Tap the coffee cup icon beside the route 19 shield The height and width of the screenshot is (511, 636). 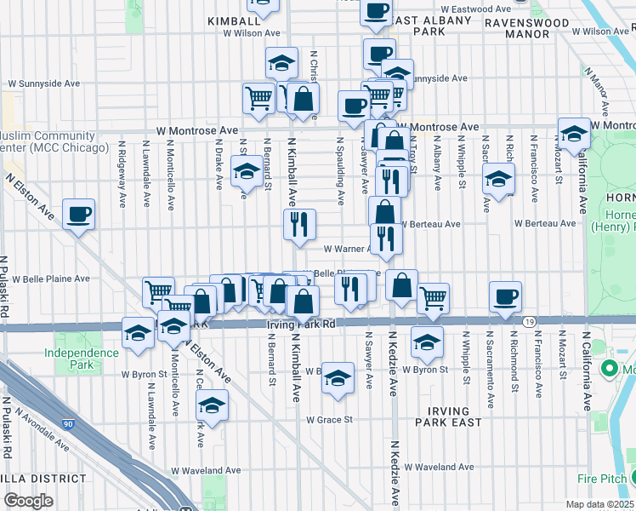click(505, 296)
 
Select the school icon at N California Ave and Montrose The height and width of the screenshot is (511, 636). click(574, 134)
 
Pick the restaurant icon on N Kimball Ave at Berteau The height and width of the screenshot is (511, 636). click(299, 225)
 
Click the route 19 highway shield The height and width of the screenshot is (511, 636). click(529, 322)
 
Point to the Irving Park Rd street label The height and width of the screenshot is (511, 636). click(300, 324)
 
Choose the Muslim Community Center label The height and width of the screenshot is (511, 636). click(54, 141)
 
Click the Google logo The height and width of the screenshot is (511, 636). click(28, 501)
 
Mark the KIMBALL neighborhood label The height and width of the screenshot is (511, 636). click(233, 20)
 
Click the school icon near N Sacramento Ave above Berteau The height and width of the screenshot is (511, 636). click(498, 180)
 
